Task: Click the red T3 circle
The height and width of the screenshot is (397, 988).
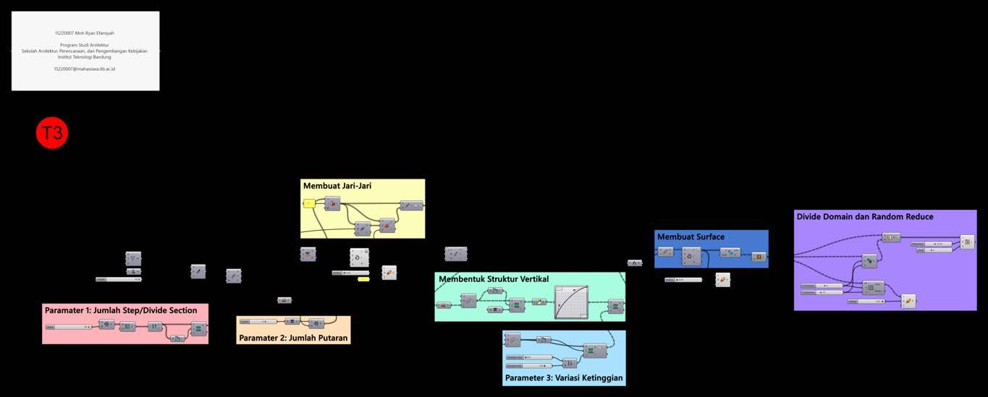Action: point(52,133)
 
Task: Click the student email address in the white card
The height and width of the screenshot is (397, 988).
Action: point(85,69)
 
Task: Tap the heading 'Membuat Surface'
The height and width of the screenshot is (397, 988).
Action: point(691,236)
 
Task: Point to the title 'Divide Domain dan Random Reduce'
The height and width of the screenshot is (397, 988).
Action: point(864,216)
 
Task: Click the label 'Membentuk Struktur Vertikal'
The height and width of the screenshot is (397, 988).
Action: point(494,279)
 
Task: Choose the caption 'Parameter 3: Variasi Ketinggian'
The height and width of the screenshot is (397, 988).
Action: point(564,377)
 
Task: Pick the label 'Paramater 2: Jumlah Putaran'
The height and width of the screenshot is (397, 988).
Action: point(293,338)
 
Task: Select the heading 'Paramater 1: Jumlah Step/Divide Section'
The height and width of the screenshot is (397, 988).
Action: point(121,310)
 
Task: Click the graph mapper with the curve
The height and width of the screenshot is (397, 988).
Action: point(571,302)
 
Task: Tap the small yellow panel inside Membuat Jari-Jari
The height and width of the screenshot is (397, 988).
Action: point(309,203)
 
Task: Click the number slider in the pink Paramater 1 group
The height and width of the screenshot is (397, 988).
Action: point(69,327)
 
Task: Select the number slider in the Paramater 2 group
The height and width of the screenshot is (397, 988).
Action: point(258,321)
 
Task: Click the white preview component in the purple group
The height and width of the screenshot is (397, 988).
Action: point(908,301)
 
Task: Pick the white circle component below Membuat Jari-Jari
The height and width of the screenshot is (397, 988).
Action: point(360,258)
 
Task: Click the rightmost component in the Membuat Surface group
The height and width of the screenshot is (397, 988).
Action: point(759,257)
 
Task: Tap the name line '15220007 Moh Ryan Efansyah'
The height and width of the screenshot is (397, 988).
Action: point(85,33)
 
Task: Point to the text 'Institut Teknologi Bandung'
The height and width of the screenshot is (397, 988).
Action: point(85,56)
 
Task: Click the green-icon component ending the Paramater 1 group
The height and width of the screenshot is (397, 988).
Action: point(198,329)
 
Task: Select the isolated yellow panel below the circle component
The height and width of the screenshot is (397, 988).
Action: point(363,279)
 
